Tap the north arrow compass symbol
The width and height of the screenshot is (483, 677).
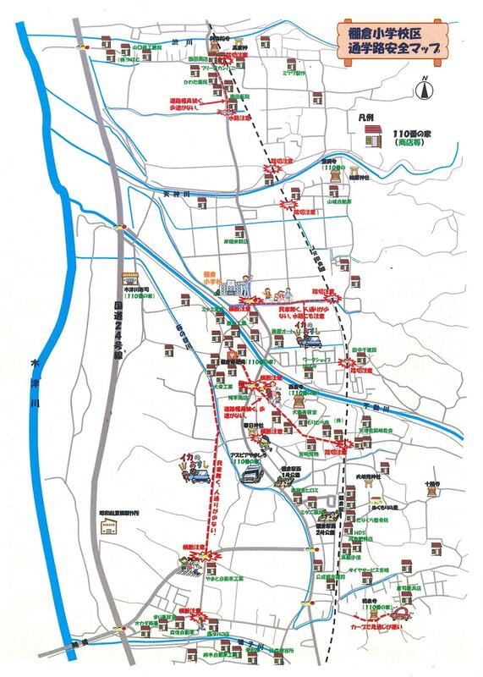(x=422, y=85)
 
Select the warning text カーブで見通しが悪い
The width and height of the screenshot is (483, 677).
(x=381, y=629)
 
